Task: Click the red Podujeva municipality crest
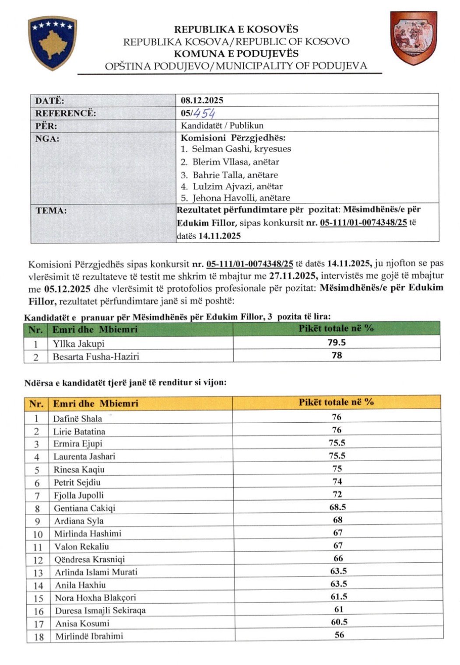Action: (x=413, y=38)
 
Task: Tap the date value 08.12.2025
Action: (x=202, y=100)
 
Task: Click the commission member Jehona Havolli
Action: (x=241, y=198)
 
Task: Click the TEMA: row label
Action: (x=51, y=210)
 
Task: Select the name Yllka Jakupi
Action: (x=78, y=344)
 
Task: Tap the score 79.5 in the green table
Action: (x=337, y=343)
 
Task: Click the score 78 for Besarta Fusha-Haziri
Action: (x=337, y=355)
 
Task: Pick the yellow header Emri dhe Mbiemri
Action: (x=95, y=404)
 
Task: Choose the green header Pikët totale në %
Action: (x=336, y=328)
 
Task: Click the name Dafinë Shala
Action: (x=77, y=418)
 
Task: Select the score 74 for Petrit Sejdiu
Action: (x=337, y=481)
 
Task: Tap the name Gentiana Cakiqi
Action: (x=84, y=508)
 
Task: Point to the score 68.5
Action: (x=337, y=507)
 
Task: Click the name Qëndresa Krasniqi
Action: (x=89, y=559)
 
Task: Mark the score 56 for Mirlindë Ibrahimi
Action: (x=339, y=635)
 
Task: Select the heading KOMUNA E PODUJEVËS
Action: (x=236, y=54)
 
